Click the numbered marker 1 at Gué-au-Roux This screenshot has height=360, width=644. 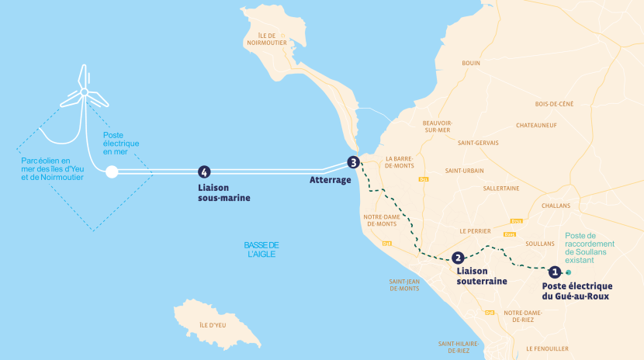tap(554, 272)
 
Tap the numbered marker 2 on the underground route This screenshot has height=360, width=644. tap(458, 258)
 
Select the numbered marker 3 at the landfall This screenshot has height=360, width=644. tap(354, 163)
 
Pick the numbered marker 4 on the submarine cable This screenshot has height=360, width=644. tap(204, 172)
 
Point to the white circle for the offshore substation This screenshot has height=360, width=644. tap(112, 172)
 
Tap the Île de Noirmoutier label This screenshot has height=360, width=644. tap(267, 40)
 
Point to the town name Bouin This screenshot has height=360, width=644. tap(470, 63)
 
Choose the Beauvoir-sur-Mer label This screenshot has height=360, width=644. tap(437, 126)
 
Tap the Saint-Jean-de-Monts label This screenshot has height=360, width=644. tap(404, 285)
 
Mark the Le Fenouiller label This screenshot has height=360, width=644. tap(546, 348)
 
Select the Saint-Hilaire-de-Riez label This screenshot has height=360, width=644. tap(459, 346)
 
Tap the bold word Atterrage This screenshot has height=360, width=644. tap(330, 180)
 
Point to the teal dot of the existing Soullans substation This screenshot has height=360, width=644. tap(568, 272)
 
